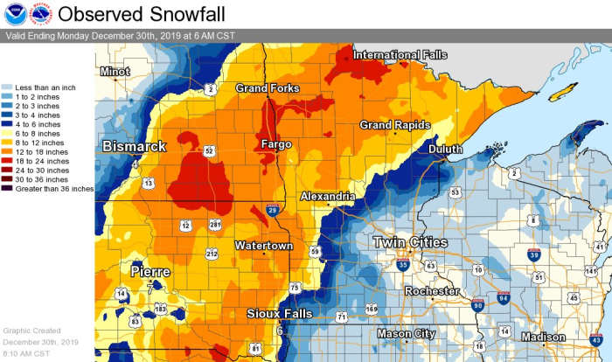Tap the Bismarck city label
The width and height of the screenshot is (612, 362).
[x=134, y=146]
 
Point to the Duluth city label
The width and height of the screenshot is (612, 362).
[x=445, y=150]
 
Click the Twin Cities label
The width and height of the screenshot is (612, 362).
[x=410, y=241]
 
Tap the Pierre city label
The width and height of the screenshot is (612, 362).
[x=150, y=271]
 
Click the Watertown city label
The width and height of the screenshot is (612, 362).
[x=263, y=246]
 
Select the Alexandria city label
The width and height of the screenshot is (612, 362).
[x=327, y=197]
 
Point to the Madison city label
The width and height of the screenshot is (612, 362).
[x=543, y=337]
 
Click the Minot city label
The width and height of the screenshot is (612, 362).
[x=115, y=71]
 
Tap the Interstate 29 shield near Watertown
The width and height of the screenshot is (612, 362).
[x=273, y=211]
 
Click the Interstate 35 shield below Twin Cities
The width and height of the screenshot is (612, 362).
[x=402, y=265]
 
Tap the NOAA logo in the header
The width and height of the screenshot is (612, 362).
[x=16, y=14]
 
